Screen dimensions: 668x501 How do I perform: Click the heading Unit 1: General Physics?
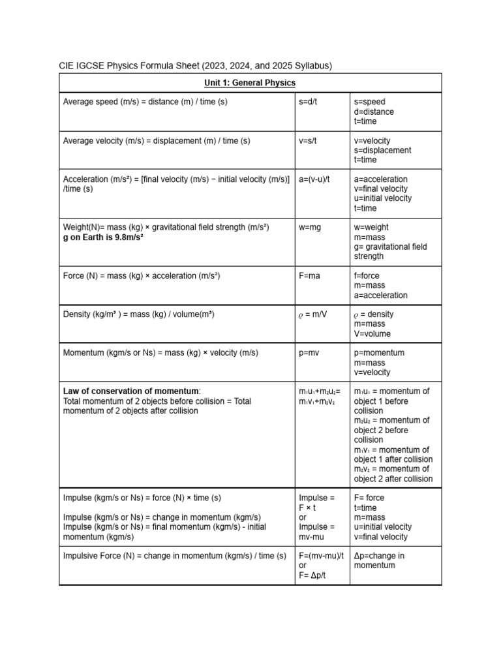tap(250, 83)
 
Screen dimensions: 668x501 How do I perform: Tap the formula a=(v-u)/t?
tap(318, 179)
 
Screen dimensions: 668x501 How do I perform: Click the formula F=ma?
tap(310, 276)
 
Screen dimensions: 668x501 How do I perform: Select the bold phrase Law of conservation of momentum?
tap(131, 391)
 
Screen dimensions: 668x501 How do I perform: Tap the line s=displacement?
tap(382, 151)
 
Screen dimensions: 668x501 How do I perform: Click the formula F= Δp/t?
tap(314, 575)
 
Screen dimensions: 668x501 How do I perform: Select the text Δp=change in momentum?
tap(379, 560)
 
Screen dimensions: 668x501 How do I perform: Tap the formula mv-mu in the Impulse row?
tap(315, 537)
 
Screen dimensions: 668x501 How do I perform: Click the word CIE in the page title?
tap(67, 66)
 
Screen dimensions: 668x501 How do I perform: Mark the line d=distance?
tap(374, 112)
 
